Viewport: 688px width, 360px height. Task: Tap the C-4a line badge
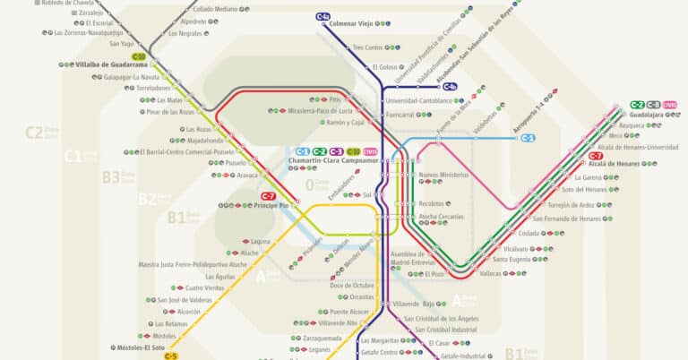click(322, 16)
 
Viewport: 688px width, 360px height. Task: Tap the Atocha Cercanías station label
click(442, 217)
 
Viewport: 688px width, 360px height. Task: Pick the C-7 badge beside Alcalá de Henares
click(596, 156)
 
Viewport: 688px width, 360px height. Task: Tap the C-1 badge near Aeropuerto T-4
click(529, 138)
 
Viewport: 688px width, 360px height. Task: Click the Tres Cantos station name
click(367, 47)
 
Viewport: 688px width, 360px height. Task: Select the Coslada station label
click(529, 233)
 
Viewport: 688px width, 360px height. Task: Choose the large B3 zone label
click(111, 177)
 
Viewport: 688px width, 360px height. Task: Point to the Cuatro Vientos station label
click(204, 287)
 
